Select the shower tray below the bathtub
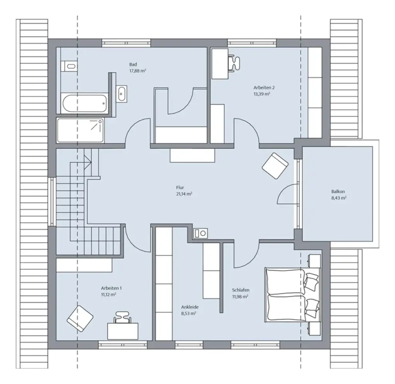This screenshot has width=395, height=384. tap(80, 130)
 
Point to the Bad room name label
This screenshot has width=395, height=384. tap(133, 64)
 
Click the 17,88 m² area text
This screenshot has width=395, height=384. tap(137, 71)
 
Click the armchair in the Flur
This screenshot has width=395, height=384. tap(275, 166)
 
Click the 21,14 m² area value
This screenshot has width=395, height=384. tap(184, 194)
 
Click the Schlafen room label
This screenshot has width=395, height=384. tap(241, 290)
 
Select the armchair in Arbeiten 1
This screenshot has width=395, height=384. tap(80, 318)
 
